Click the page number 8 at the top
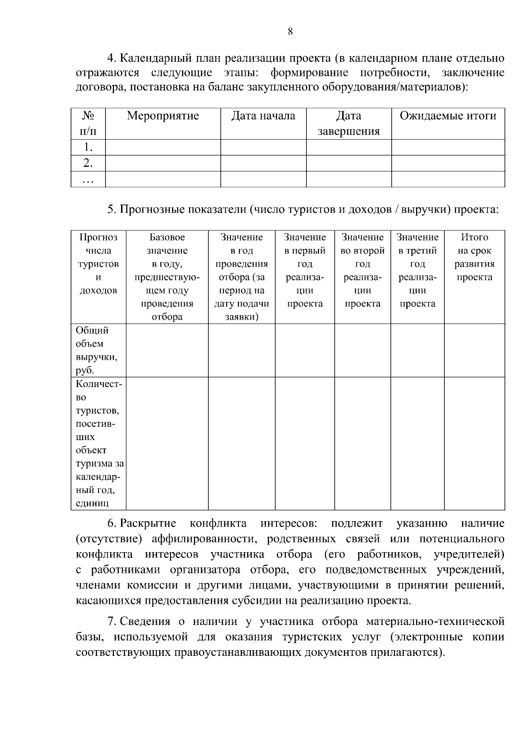pyautogui.click(x=290, y=31)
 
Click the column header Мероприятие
pyautogui.click(x=163, y=116)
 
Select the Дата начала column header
pyautogui.click(x=263, y=116)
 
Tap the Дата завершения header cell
pyautogui.click(x=348, y=124)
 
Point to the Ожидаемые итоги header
pyautogui.click(x=448, y=116)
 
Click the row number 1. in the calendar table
pyautogui.click(x=88, y=147)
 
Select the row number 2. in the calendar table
pyautogui.click(x=88, y=163)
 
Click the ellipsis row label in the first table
pyautogui.click(x=88, y=180)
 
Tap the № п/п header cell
pyautogui.click(x=88, y=124)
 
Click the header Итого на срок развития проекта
pyautogui.click(x=474, y=257)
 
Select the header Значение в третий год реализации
pyautogui.click(x=417, y=270)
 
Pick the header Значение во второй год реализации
pyautogui.click(x=362, y=270)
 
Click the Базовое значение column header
pyautogui.click(x=167, y=277)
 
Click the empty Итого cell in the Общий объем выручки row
pyautogui.click(x=474, y=350)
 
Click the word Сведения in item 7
pyautogui.click(x=145, y=622)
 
